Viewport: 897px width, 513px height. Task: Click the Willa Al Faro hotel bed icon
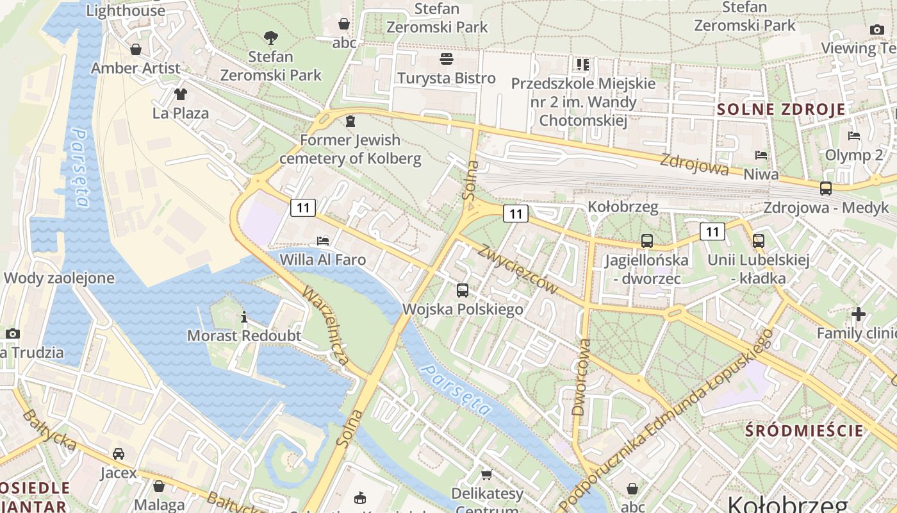pos(323,240)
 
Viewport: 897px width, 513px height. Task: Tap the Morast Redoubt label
pos(244,335)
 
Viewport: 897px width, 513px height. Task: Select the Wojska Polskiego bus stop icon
pos(463,290)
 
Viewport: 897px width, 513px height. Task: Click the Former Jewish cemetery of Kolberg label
pos(350,149)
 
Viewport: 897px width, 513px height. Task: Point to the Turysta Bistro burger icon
pos(447,59)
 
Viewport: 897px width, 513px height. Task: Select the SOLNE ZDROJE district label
pos(781,109)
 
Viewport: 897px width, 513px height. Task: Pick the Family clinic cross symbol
pos(859,314)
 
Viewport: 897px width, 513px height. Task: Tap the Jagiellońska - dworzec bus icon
pos(647,241)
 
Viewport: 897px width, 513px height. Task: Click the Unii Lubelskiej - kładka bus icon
pos(759,241)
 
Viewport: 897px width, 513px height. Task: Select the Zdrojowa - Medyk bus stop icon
pos(826,189)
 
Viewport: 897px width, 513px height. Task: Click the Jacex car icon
pos(119,454)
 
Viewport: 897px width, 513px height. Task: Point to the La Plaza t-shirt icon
pos(181,94)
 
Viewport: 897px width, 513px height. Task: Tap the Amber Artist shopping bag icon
pos(136,49)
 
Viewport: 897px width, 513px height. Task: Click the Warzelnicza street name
pos(326,326)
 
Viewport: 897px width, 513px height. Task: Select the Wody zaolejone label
pos(59,278)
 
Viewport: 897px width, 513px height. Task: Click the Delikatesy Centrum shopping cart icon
pos(487,475)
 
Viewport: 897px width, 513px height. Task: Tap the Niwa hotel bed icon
pos(761,155)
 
